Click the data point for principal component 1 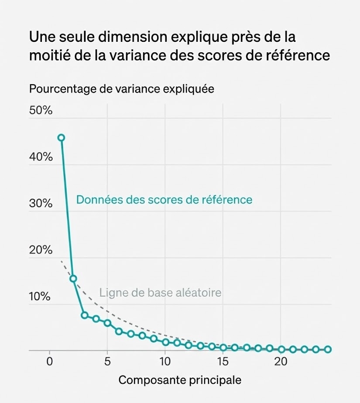(61, 138)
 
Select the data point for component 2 (73, 278)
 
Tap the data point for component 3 (85, 315)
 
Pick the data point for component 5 (107, 323)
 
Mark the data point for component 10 (165, 342)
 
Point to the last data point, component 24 (328, 349)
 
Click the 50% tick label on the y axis (41, 110)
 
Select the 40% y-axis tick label (41, 157)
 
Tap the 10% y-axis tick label (40, 297)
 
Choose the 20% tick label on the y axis (41, 250)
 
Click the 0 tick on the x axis (50, 362)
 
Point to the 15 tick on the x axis (223, 362)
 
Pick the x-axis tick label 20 (281, 362)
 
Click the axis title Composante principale (180, 380)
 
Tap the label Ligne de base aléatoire (160, 292)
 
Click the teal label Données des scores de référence (164, 199)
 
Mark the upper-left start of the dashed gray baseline (62, 261)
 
